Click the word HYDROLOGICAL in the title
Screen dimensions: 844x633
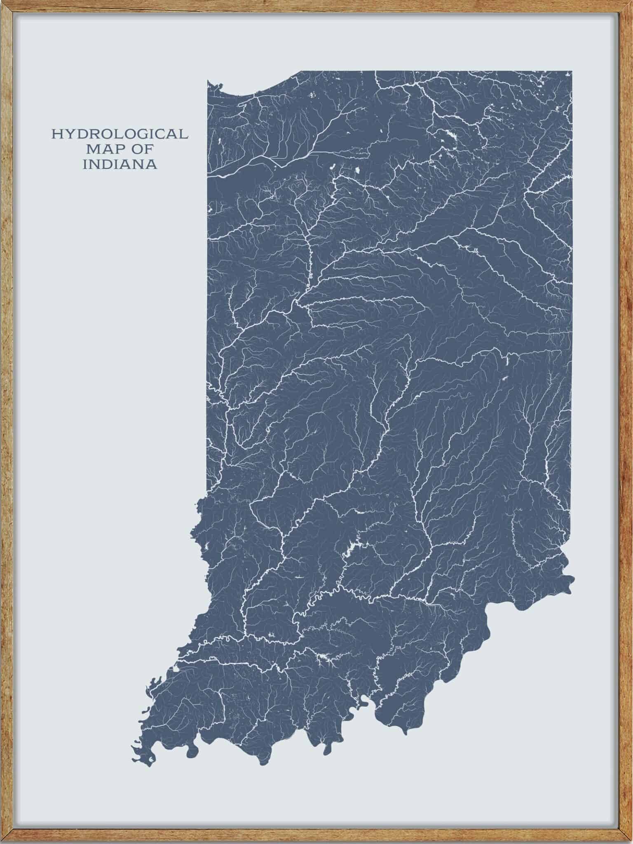[120, 134]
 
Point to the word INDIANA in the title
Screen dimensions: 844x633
[120, 164]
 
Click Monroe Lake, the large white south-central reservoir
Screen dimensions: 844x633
[351, 548]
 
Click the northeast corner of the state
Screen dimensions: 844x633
[572, 72]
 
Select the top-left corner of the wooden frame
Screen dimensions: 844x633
[3, 3]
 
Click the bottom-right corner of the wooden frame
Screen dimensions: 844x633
[629, 840]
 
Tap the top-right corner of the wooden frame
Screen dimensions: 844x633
[629, 3]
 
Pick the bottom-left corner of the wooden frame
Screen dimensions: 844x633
[3, 840]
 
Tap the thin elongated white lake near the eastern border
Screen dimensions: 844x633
[506, 363]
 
